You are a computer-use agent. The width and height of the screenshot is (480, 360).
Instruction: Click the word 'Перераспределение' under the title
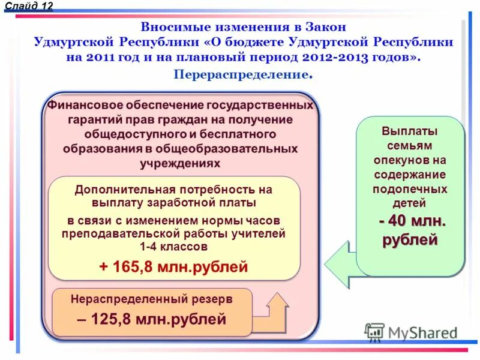point(241,74)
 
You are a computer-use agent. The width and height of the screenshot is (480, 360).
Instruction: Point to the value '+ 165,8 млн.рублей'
point(173,266)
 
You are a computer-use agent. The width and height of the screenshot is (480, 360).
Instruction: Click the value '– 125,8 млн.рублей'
point(151,319)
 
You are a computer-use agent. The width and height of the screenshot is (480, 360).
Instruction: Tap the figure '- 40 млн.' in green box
point(412,221)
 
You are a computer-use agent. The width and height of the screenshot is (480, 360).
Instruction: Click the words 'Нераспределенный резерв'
point(151,298)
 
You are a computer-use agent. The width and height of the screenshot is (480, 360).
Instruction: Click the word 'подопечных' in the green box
point(410,189)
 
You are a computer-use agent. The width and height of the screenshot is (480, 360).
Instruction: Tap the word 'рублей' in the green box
point(410,241)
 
